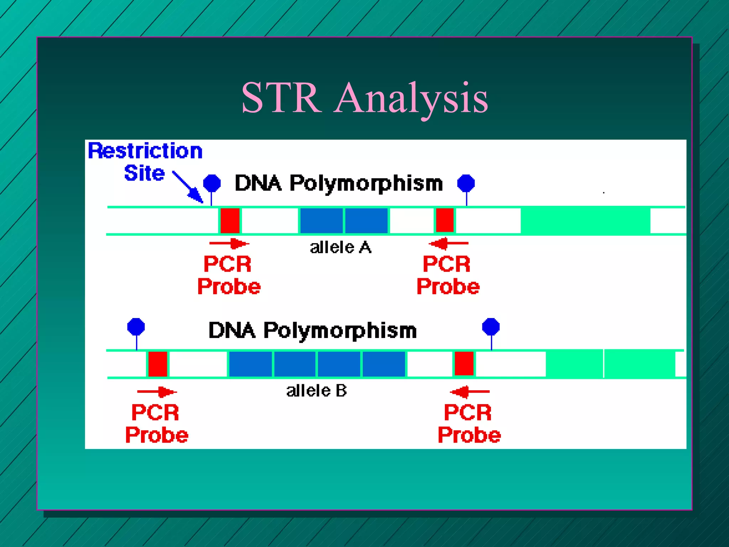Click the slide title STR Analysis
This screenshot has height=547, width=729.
pyautogui.click(x=364, y=98)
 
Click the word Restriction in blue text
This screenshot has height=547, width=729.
pyautogui.click(x=145, y=151)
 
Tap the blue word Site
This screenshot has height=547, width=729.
pyautogui.click(x=144, y=173)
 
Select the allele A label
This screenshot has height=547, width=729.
pyautogui.click(x=340, y=247)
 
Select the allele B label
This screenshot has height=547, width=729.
pyautogui.click(x=316, y=391)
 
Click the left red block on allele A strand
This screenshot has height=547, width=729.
pyautogui.click(x=230, y=220)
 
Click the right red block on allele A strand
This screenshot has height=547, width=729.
pyautogui.click(x=445, y=220)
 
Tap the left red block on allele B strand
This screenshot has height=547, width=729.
pyautogui.click(x=158, y=364)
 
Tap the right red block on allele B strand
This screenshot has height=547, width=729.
pyautogui.click(x=464, y=363)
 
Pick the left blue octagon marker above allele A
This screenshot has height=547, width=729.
pyautogui.click(x=212, y=183)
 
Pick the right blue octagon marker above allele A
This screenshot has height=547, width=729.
pyautogui.click(x=466, y=183)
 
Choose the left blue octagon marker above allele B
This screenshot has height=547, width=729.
pyautogui.click(x=136, y=327)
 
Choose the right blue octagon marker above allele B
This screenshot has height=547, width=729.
pyautogui.click(x=491, y=327)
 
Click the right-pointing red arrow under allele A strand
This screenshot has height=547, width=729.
pyautogui.click(x=229, y=244)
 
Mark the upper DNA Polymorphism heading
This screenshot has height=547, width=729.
pyautogui.click(x=339, y=183)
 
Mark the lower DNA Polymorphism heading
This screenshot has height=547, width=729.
pyautogui.click(x=312, y=330)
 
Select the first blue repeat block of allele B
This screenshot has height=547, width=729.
pyautogui.click(x=250, y=364)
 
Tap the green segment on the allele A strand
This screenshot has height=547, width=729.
pyautogui.click(x=585, y=220)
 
